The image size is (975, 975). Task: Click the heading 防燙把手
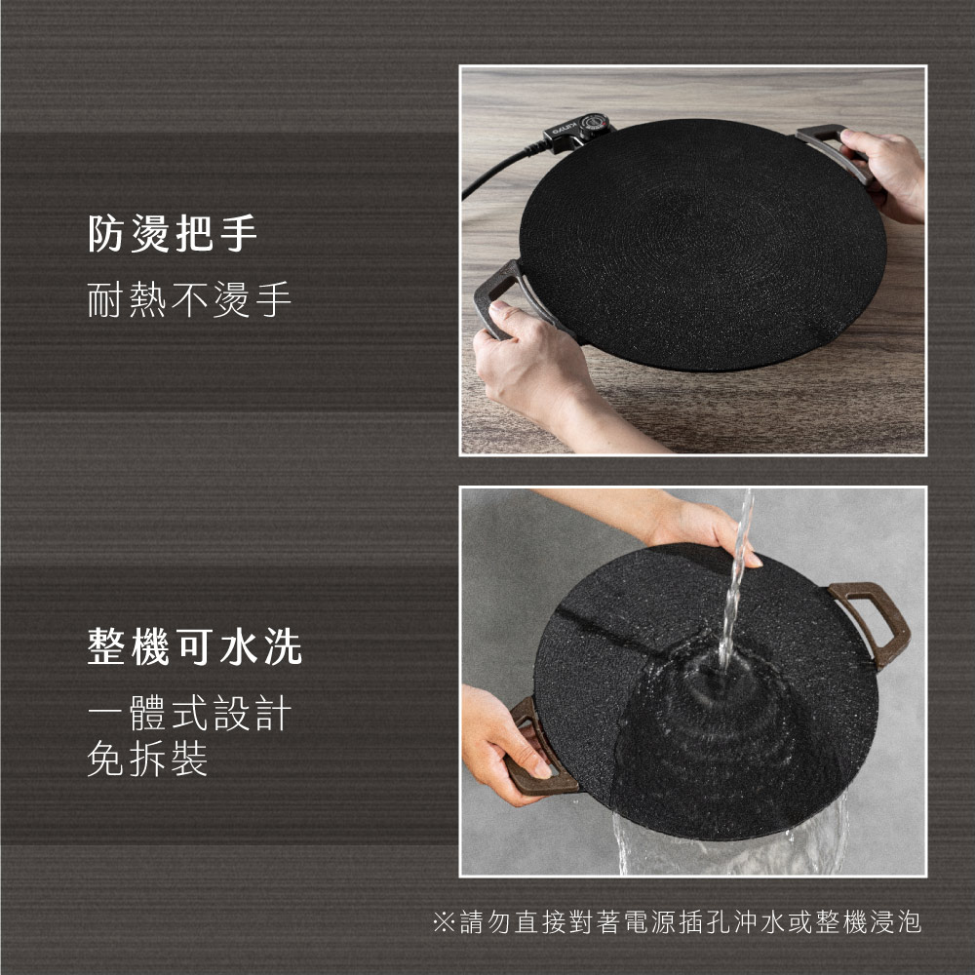coord(173,233)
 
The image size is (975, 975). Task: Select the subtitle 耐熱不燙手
coord(189,299)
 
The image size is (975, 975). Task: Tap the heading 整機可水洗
coord(195,646)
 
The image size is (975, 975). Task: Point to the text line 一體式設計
coord(189,713)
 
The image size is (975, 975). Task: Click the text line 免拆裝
coord(147,758)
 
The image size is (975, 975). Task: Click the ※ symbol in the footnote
coord(444,922)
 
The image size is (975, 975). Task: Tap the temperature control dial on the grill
coord(595,125)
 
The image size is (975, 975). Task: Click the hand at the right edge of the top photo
coord(890,175)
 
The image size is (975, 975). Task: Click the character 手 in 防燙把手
coord(239,233)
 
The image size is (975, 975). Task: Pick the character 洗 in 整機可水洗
coord(284,646)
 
